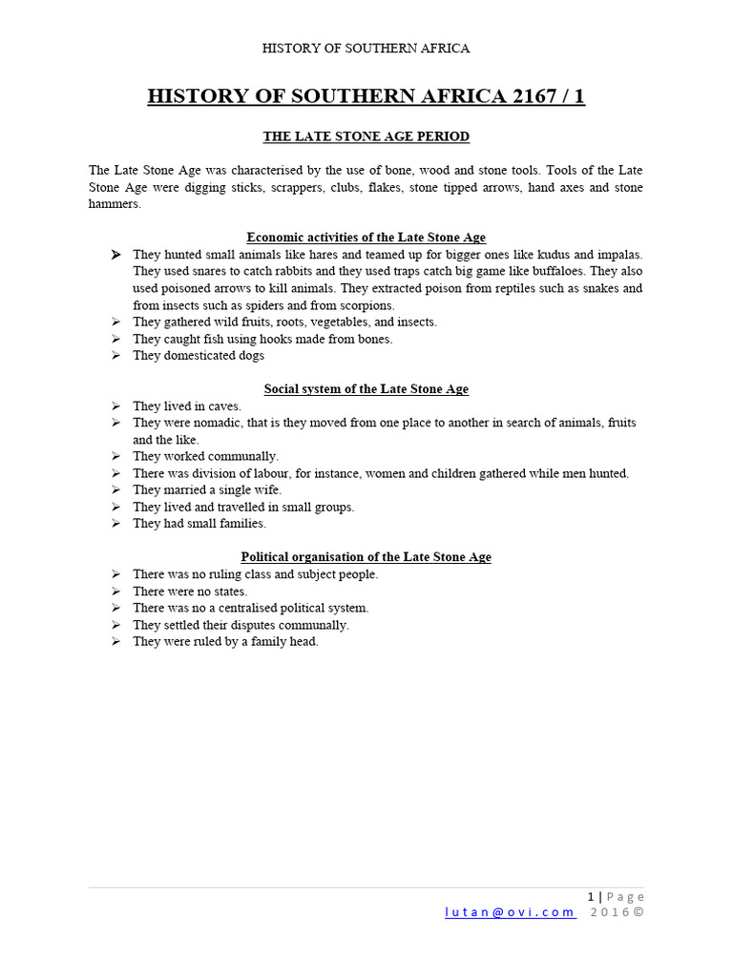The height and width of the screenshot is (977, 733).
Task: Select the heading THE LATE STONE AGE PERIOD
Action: pos(366,136)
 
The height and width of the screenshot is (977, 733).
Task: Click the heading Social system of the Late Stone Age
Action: pos(366,389)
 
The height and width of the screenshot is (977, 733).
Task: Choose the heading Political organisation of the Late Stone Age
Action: pos(366,557)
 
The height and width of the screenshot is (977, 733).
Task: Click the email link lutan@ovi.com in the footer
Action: pos(510,912)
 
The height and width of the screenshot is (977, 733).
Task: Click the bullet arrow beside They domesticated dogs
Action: pos(115,356)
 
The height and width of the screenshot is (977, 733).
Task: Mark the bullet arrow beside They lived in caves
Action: pos(115,406)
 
